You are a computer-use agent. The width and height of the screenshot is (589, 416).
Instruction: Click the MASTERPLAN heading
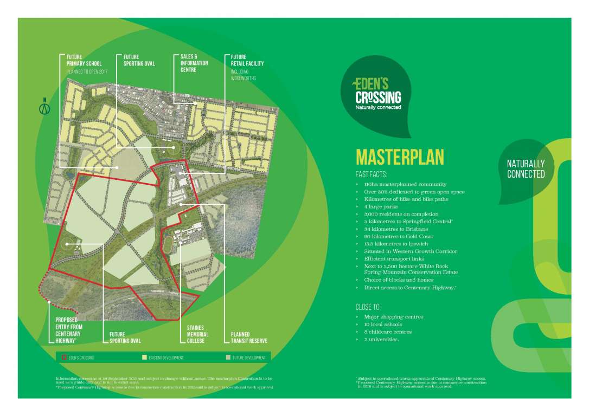(x=400, y=157)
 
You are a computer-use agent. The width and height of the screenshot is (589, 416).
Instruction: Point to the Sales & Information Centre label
(x=194, y=63)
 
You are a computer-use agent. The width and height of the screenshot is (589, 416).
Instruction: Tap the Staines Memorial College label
(x=197, y=334)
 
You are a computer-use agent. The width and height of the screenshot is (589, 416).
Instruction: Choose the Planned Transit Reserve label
(x=248, y=337)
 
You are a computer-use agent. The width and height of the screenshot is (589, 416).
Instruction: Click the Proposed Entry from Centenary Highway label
(x=69, y=330)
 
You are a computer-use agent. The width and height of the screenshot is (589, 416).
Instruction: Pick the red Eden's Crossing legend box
(x=63, y=357)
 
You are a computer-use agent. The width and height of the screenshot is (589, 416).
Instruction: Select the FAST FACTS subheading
(x=371, y=174)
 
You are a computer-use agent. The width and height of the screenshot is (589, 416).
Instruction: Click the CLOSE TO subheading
(x=368, y=307)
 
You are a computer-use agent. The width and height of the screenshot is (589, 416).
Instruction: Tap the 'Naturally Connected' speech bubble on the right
(x=526, y=169)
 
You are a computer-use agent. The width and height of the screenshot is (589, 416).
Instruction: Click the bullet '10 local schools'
(x=383, y=324)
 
